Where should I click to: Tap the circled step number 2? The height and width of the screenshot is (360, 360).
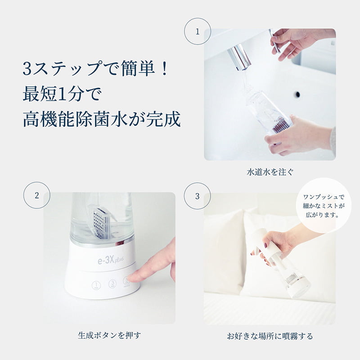coord(36,195)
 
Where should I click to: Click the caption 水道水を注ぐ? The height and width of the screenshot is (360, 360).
coord(270,172)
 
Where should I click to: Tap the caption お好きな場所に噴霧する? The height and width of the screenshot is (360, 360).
coord(270,336)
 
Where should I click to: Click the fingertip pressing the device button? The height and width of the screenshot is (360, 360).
coord(135,275)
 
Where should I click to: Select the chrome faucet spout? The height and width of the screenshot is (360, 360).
coord(239,58)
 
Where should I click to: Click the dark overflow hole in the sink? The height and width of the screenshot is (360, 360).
coord(297,94)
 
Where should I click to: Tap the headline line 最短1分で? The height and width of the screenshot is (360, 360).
coord(63,95)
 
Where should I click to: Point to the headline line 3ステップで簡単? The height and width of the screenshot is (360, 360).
coord(95,70)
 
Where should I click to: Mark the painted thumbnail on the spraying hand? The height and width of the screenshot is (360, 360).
coord(265,246)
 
